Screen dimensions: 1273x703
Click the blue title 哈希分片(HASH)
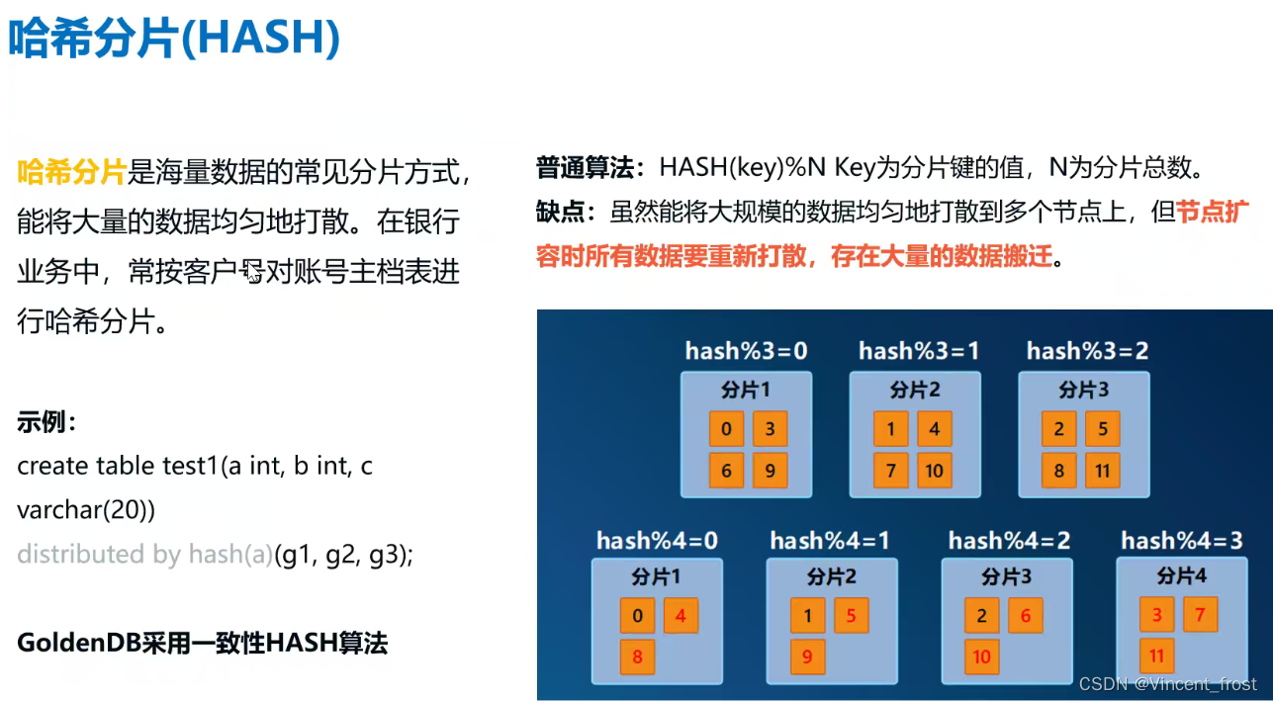(x=174, y=39)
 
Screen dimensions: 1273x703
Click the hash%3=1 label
(x=919, y=350)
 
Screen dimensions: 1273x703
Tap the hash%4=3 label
(x=1181, y=541)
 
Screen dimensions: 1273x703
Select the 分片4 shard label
(x=1181, y=575)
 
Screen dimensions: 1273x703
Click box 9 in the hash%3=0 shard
(x=770, y=471)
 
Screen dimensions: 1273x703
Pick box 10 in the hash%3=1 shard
(x=935, y=471)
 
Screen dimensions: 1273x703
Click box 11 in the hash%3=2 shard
(x=1103, y=471)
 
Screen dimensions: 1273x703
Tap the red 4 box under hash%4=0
(x=681, y=616)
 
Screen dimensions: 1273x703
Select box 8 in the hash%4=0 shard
(x=637, y=657)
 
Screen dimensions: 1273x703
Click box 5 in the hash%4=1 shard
(x=851, y=616)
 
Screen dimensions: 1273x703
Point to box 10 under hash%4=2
(x=982, y=657)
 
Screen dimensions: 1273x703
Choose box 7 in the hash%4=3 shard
(x=1200, y=615)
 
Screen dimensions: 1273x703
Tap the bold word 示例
(x=45, y=422)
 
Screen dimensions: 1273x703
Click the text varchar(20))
(x=86, y=510)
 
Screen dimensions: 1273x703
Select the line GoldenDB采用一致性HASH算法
(x=203, y=644)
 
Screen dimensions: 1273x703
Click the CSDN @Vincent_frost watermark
(x=1167, y=684)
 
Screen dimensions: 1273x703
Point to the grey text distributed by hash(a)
(x=144, y=555)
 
